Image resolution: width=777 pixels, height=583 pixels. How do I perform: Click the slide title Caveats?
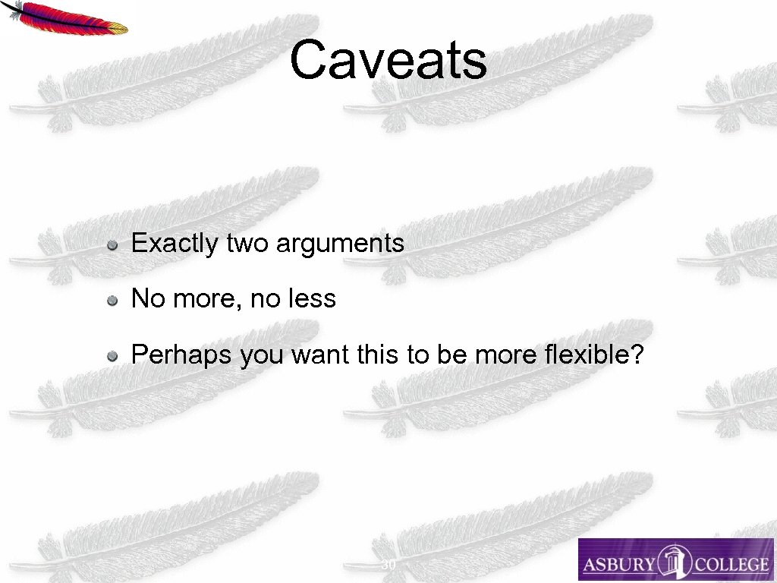pyautogui.click(x=388, y=61)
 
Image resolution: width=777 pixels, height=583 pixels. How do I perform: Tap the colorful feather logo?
pyautogui.click(x=66, y=18)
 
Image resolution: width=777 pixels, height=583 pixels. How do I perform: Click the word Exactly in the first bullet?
pyautogui.click(x=175, y=244)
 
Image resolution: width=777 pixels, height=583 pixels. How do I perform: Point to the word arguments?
pyautogui.click(x=340, y=244)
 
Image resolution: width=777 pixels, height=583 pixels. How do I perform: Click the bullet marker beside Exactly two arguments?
pyautogui.click(x=112, y=245)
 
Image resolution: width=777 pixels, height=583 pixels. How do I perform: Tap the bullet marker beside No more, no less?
pyautogui.click(x=112, y=301)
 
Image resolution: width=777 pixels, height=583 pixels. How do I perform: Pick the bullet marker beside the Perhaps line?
pyautogui.click(x=112, y=355)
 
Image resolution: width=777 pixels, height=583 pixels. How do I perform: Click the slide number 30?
pyautogui.click(x=388, y=566)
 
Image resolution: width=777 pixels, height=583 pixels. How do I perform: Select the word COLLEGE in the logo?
pyautogui.click(x=727, y=565)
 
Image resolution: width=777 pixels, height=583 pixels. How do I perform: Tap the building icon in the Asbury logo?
pyautogui.click(x=670, y=562)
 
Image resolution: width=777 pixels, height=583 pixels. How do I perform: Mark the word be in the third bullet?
pyautogui.click(x=449, y=355)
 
